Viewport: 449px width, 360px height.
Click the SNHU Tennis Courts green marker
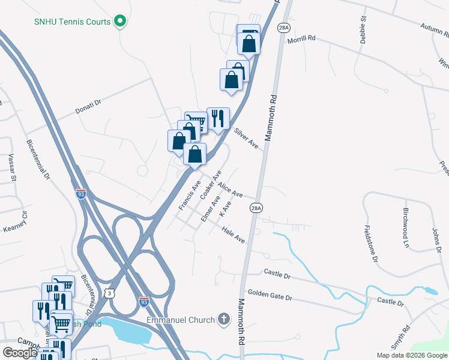click(x=120, y=22)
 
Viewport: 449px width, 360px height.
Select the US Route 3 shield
click(x=109, y=292)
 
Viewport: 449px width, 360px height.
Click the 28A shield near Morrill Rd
click(x=284, y=28)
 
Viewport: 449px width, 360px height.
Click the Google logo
click(x=20, y=353)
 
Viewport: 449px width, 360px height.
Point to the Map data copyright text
click(x=412, y=355)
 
